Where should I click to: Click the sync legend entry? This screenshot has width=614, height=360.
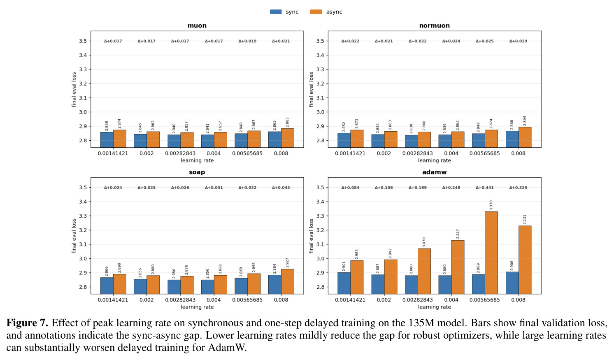point(284,12)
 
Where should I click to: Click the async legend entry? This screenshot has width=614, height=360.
point(326,12)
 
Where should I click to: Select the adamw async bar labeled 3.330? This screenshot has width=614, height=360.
point(491,253)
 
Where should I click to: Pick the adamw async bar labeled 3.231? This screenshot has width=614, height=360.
point(525,260)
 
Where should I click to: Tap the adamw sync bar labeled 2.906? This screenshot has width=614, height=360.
point(512,283)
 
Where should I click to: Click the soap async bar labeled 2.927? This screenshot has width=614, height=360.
point(288,281)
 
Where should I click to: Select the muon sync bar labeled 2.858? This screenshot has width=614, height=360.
point(107,140)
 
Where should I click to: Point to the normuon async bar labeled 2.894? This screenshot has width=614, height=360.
point(525,137)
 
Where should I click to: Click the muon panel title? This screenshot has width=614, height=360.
point(197,26)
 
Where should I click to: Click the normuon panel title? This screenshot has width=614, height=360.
point(435,26)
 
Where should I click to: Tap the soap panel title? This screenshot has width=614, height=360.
point(197,172)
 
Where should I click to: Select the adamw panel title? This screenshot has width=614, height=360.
point(435,172)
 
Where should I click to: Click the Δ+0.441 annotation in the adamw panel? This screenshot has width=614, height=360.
point(485,188)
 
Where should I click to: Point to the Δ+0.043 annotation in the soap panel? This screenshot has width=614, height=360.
point(281,188)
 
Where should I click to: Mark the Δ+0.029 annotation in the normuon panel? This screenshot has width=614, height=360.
point(519,41)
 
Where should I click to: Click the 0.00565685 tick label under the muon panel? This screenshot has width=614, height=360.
point(247,153)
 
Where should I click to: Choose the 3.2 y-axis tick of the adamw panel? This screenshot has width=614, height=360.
point(321,230)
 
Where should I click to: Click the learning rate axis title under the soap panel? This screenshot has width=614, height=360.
point(197,307)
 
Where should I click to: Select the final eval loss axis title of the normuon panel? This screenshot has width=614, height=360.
point(311,89)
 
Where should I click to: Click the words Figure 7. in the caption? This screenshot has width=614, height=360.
point(28,323)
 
